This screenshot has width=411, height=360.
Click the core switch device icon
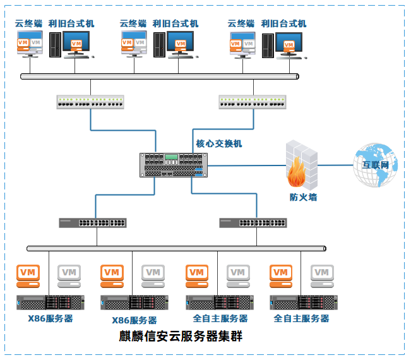point(174,164)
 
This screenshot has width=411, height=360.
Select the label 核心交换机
point(219,143)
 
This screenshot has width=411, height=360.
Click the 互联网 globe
point(376,165)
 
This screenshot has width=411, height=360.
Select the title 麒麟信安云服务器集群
point(181,336)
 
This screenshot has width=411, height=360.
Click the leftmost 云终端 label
point(29,23)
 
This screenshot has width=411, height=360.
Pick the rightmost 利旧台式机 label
point(283,23)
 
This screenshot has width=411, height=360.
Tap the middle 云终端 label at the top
point(133,23)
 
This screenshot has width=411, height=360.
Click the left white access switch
point(90,102)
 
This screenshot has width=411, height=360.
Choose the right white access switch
point(253,102)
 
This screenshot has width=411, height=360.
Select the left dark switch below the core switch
point(93,222)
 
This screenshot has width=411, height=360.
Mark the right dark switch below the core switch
point(253,222)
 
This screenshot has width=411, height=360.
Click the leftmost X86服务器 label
point(51,318)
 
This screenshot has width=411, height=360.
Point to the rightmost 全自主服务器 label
point(302,318)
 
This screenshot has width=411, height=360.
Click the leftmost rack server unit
point(51,302)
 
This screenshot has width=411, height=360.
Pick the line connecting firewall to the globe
point(336,165)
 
